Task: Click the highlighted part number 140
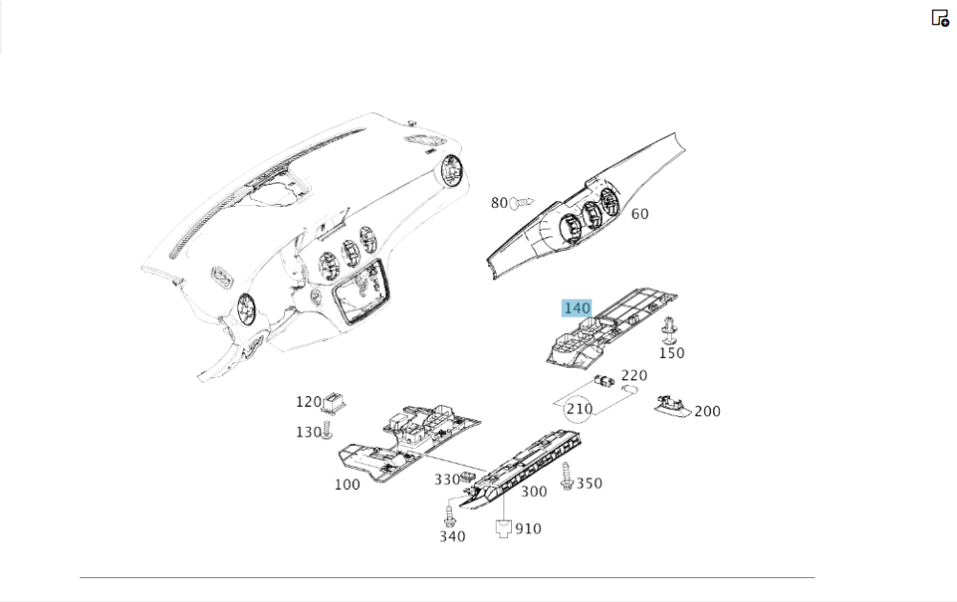577,308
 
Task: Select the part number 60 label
639,213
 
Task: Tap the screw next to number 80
522,203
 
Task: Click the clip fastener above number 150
669,330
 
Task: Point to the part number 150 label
672,353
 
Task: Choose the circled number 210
579,409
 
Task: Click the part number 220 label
634,375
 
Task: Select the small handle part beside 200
673,405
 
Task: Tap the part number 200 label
707,412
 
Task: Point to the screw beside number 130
327,430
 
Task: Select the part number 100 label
347,485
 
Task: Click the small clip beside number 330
469,477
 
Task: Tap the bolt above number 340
451,513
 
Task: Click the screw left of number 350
567,477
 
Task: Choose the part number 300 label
533,492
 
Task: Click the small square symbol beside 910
503,528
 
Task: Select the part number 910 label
528,528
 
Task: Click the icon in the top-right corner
940,17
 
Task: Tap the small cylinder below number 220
629,390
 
